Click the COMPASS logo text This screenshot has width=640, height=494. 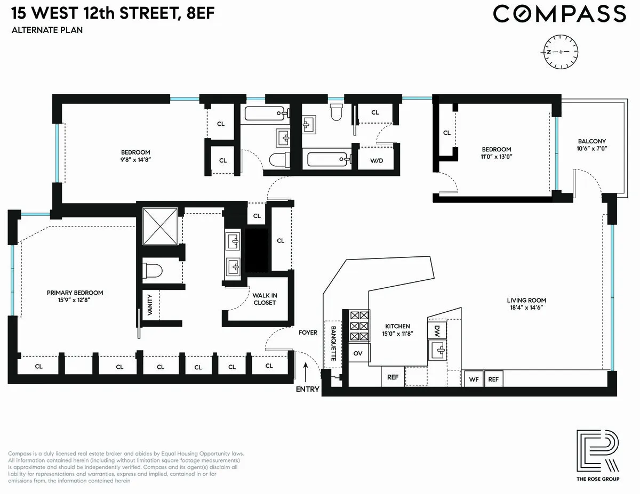pyautogui.click(x=559, y=14)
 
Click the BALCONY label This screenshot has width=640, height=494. pyautogui.click(x=593, y=141)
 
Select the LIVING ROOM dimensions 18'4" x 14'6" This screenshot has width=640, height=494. pyautogui.click(x=526, y=308)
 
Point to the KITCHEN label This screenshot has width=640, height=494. pyautogui.click(x=397, y=326)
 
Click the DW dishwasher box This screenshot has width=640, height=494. pyautogui.click(x=437, y=329)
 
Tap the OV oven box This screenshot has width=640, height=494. pyautogui.click(x=358, y=353)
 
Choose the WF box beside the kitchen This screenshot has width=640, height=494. pyautogui.click(x=474, y=379)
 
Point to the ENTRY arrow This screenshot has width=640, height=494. pyautogui.click(x=306, y=370)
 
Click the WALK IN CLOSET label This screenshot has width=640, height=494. pyautogui.click(x=264, y=299)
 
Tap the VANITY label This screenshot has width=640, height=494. pyautogui.click(x=150, y=305)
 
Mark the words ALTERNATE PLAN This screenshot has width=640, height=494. pyautogui.click(x=47, y=30)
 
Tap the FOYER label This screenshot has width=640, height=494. pyautogui.click(x=308, y=333)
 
